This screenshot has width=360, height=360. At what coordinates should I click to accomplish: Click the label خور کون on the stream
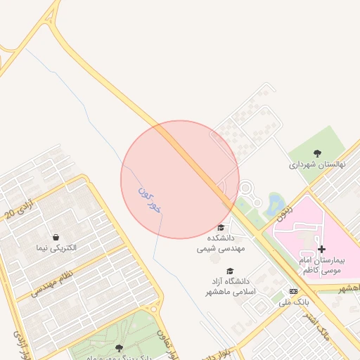150,200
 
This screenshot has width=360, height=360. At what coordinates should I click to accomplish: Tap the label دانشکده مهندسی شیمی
221,243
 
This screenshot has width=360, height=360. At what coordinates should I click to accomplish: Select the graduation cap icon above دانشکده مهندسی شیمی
221,227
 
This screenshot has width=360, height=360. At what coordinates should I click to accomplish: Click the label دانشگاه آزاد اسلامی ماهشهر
230,287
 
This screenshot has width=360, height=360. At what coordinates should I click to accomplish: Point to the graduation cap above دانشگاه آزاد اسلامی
230,271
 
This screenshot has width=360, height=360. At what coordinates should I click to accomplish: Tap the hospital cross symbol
321,249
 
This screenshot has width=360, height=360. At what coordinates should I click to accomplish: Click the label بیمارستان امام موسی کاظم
323,265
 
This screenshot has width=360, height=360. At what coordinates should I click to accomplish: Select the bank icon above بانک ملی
293,291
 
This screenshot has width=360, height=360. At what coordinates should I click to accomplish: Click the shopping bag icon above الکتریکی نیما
56,236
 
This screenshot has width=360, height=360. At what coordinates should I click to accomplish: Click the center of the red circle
180,179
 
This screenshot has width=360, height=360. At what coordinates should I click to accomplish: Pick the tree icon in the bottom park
118,347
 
